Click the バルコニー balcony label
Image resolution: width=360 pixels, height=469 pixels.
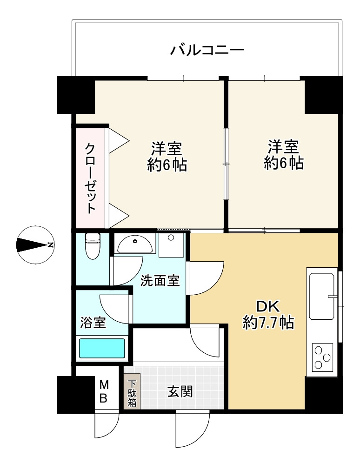point(207,50)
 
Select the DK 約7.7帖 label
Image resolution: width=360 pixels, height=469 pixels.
point(268,315)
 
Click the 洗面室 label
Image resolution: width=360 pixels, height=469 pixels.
point(160,281)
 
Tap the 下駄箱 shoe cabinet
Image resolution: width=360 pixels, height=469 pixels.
point(133,393)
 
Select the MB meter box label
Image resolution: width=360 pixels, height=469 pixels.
point(105,391)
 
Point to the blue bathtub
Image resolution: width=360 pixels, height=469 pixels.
point(102,348)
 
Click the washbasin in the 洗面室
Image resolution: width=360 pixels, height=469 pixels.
point(135,243)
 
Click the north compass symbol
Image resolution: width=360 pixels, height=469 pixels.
point(35,245)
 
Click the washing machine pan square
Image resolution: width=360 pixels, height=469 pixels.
point(171,244)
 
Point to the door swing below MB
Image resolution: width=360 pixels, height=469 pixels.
point(106,425)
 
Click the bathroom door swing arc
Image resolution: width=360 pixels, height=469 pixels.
point(114,307)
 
